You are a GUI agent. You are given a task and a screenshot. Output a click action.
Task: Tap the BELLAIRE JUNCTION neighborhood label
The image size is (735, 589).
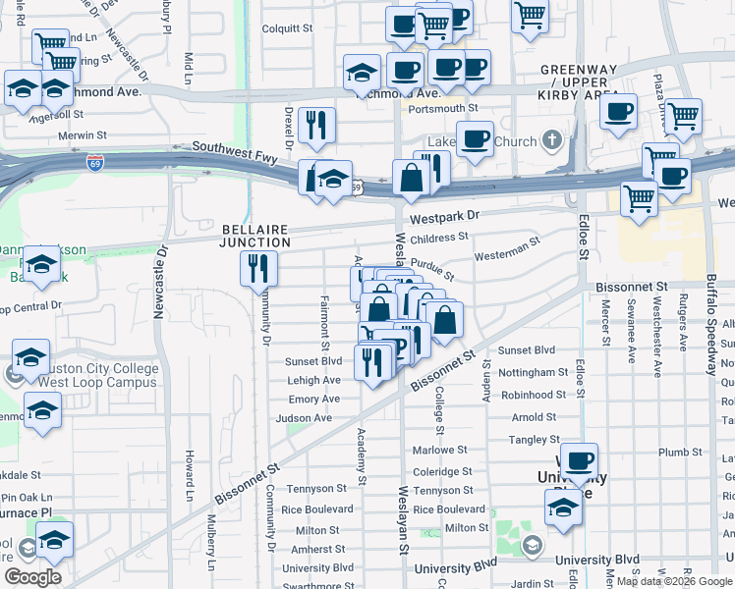click(x=254, y=235)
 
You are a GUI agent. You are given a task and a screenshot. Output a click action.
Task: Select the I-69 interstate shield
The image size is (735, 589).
click(x=95, y=161)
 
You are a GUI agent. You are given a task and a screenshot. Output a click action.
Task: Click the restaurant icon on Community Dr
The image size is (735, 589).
click(x=259, y=268)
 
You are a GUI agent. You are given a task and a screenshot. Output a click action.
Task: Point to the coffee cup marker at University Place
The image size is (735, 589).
click(x=579, y=459)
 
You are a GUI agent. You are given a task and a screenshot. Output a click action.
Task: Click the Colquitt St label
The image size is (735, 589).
click(x=287, y=29)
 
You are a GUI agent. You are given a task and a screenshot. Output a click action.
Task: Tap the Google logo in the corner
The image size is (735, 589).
click(x=33, y=577)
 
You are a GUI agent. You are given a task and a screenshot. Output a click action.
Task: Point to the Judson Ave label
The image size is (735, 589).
click(x=304, y=417)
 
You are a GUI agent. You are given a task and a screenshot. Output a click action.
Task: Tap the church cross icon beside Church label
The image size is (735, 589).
click(x=552, y=140)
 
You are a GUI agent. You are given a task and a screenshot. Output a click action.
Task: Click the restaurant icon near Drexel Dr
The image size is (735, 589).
click(x=316, y=125)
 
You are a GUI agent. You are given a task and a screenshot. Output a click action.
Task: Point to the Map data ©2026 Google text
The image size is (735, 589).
click(x=674, y=581)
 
